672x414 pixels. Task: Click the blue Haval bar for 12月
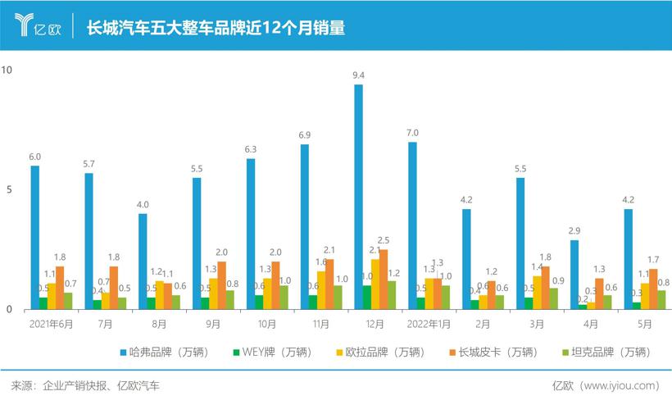(358, 197)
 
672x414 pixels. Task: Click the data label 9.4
(358, 75)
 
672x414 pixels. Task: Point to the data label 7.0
(412, 133)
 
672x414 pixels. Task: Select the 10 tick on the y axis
(7, 71)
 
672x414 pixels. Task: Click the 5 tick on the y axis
(7, 190)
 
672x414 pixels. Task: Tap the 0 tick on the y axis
(7, 310)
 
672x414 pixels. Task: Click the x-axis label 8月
(159, 325)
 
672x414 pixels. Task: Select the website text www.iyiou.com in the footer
(619, 385)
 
